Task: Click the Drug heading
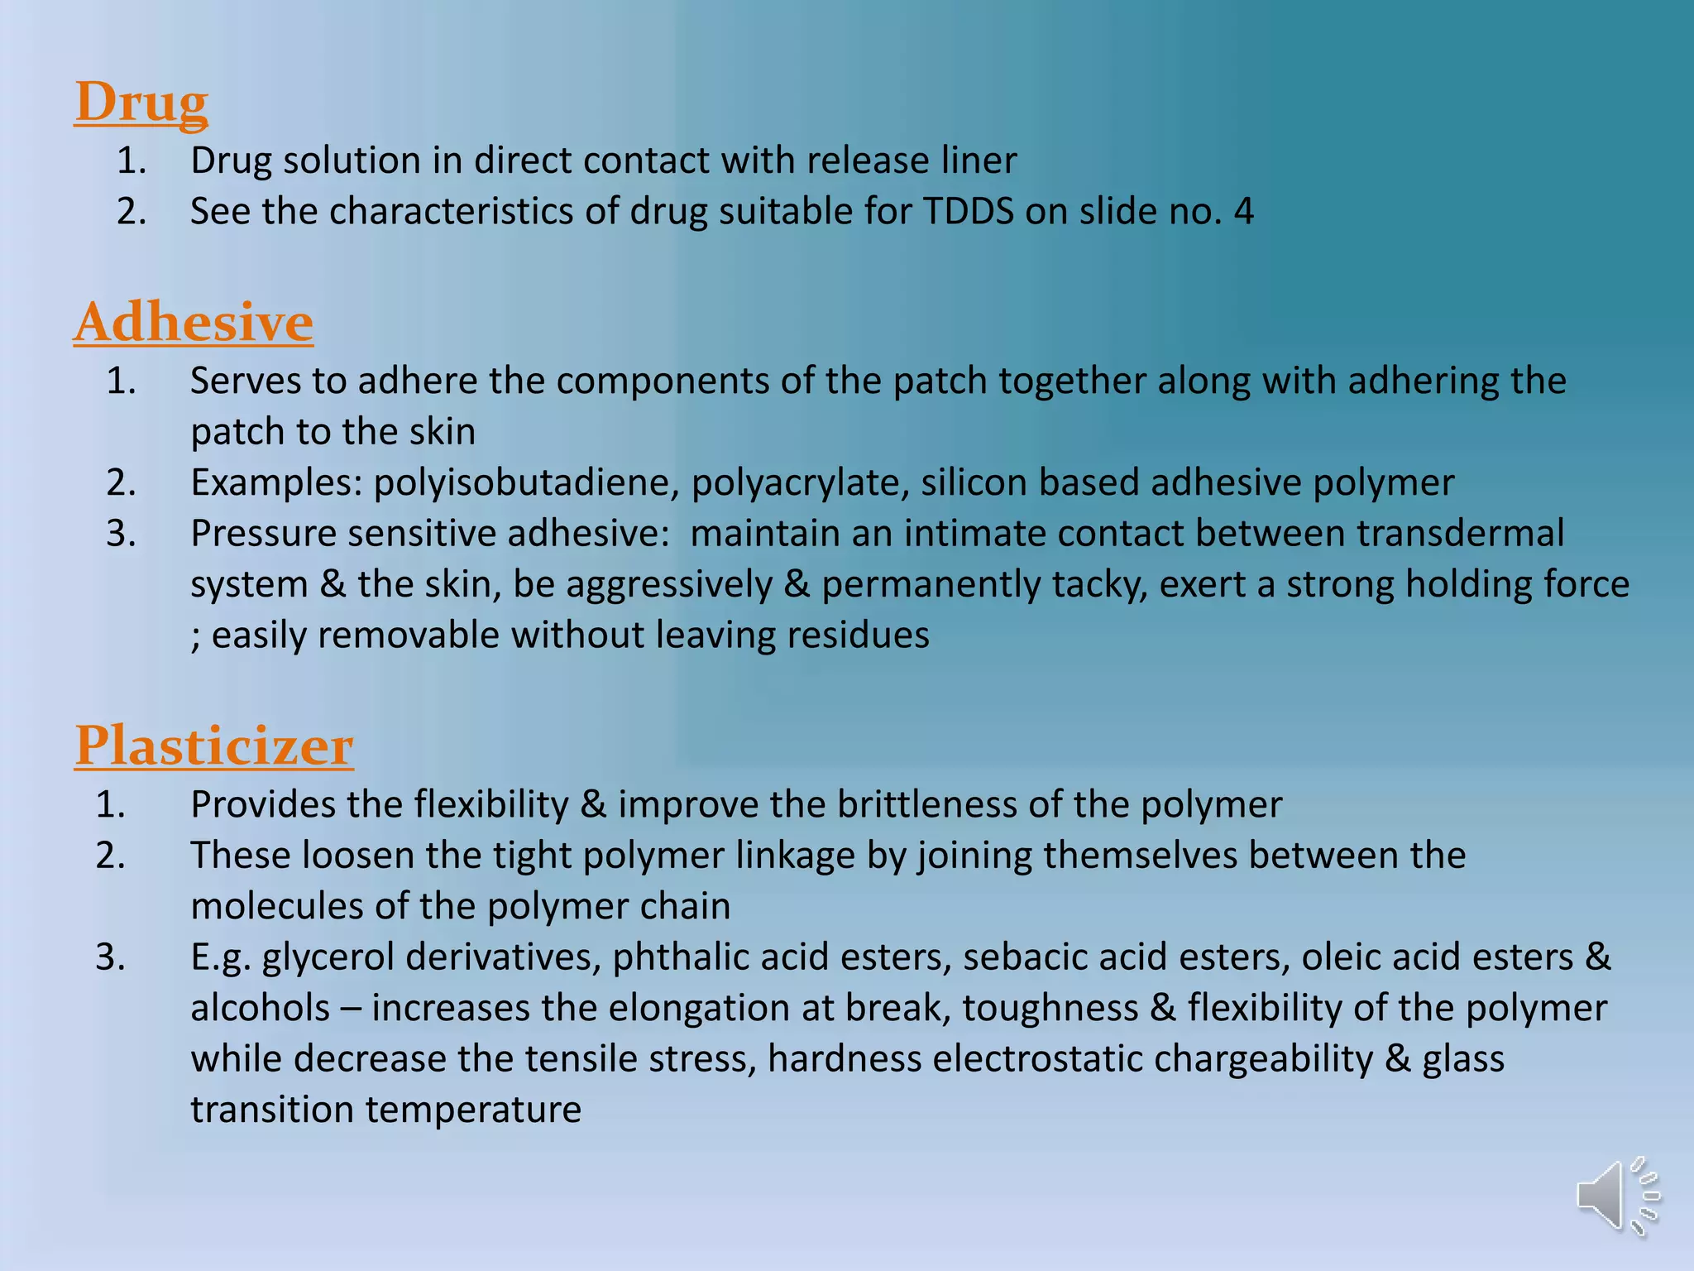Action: pos(141,103)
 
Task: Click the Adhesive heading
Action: pos(194,322)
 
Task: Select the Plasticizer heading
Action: pos(214,746)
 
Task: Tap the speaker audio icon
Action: pos(1616,1196)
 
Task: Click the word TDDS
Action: pos(968,211)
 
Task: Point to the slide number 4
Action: pos(1243,211)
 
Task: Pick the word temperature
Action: pos(473,1110)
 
